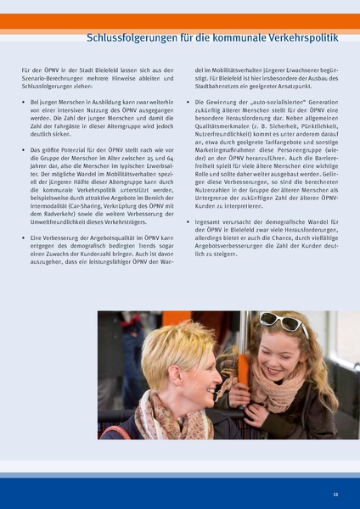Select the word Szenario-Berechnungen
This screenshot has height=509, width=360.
(58, 79)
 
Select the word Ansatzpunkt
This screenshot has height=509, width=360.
(309, 87)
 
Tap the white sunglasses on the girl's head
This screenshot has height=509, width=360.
(284, 322)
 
